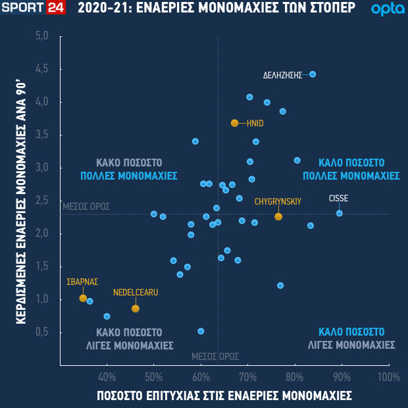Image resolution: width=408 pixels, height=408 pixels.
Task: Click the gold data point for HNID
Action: (x=235, y=123)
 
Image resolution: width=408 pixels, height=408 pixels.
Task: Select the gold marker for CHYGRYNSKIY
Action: (x=278, y=217)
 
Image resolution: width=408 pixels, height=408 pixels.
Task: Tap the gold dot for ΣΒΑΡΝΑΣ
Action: (x=83, y=298)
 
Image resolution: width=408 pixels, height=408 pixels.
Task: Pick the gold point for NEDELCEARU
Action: (x=136, y=309)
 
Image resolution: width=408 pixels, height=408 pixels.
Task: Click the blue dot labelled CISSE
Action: (x=340, y=213)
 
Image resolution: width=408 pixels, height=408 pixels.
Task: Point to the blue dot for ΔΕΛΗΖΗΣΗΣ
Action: (x=313, y=74)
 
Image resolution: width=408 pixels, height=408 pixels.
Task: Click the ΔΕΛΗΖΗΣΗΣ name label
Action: (x=282, y=75)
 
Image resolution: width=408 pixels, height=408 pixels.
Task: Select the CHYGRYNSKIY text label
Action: (x=278, y=201)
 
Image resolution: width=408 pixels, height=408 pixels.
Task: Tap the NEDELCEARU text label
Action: (x=136, y=292)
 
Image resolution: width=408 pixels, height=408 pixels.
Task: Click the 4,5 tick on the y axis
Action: (x=42, y=69)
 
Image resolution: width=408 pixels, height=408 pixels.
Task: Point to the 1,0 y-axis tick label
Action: (x=42, y=299)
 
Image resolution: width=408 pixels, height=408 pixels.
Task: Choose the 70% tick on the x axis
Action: (x=248, y=377)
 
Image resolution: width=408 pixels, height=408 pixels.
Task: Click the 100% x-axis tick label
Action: (x=389, y=377)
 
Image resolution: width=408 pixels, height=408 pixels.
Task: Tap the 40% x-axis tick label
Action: (x=107, y=377)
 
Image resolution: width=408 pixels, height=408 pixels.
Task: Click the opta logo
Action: (x=383, y=9)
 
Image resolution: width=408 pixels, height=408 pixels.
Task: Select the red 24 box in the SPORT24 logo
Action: (x=55, y=9)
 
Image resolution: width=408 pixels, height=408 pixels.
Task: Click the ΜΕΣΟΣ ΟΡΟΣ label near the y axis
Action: (x=86, y=207)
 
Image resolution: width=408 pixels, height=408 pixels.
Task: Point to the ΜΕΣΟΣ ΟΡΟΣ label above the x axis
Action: (x=215, y=356)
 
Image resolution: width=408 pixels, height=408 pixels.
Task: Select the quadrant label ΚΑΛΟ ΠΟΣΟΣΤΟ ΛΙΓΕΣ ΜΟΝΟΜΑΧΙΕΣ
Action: (x=351, y=338)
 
